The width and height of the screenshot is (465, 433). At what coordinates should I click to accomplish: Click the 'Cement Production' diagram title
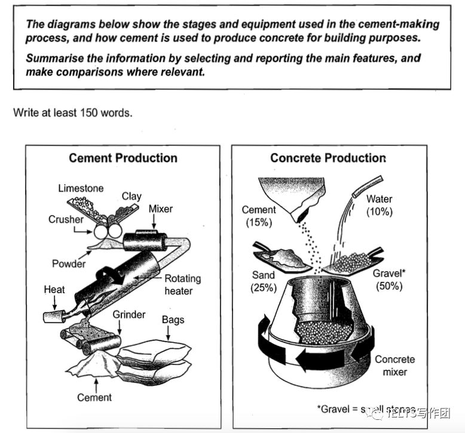coord(123,158)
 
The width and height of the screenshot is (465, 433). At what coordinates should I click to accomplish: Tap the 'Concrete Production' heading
coord(328,158)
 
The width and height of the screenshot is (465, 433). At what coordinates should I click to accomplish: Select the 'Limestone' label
coord(81,189)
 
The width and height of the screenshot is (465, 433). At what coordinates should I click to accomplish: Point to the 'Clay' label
coord(131,196)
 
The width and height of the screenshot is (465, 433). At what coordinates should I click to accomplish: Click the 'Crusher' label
coord(66,220)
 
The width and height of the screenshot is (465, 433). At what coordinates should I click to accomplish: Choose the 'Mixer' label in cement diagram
coord(160,209)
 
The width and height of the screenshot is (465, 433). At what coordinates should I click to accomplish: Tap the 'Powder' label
coord(69,263)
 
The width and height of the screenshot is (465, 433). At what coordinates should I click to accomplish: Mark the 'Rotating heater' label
coord(182,284)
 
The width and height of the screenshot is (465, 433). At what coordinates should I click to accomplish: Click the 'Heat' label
coord(54,290)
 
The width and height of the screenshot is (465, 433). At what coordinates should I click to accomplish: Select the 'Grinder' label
coord(129,314)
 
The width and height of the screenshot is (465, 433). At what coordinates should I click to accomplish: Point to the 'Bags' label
coord(173,320)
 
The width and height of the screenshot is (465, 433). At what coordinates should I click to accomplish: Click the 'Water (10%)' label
coord(380,205)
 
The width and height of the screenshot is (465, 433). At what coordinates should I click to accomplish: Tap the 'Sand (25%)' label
coord(264,281)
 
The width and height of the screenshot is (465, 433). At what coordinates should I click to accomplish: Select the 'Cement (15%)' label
coord(259,216)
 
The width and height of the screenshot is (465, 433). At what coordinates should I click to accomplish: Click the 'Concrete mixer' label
coord(394,366)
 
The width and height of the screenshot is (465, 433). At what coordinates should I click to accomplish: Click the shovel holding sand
coord(280,258)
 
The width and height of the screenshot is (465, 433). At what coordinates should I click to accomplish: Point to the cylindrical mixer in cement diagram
coord(144,241)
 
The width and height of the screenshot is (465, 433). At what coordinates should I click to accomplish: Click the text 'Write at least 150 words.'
coord(73,112)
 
